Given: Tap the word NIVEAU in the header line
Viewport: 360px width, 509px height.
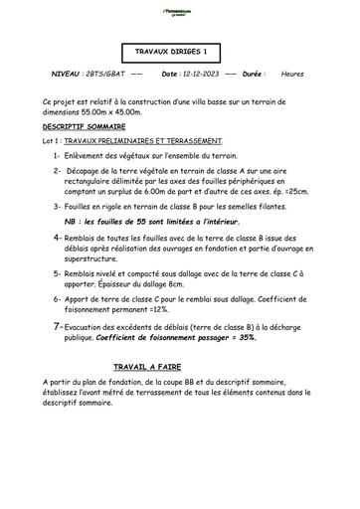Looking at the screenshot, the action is tap(66, 75).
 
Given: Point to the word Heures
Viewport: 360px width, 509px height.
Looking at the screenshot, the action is tap(293, 75).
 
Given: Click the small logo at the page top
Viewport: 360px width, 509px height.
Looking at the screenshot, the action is tap(178, 8).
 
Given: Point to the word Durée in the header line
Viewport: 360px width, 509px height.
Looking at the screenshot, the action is tap(254, 75).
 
